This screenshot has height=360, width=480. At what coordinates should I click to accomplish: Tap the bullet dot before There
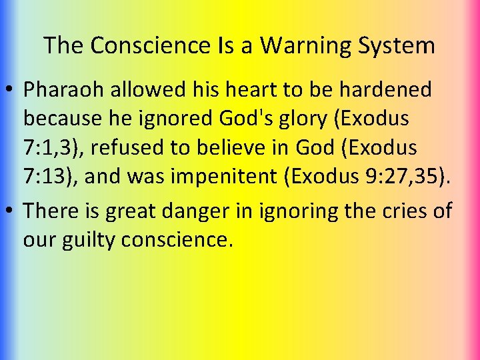[x=11, y=211]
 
